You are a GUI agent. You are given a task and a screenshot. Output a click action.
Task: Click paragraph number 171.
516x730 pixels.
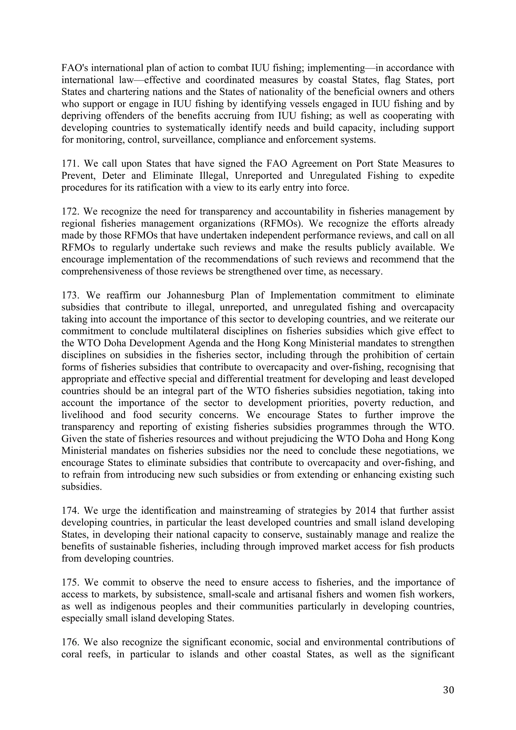70,164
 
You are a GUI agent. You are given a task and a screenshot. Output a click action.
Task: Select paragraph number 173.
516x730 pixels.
70,295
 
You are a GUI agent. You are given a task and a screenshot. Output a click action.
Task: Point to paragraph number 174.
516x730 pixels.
70,511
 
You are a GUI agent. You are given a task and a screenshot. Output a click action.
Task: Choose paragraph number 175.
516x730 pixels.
70,582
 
